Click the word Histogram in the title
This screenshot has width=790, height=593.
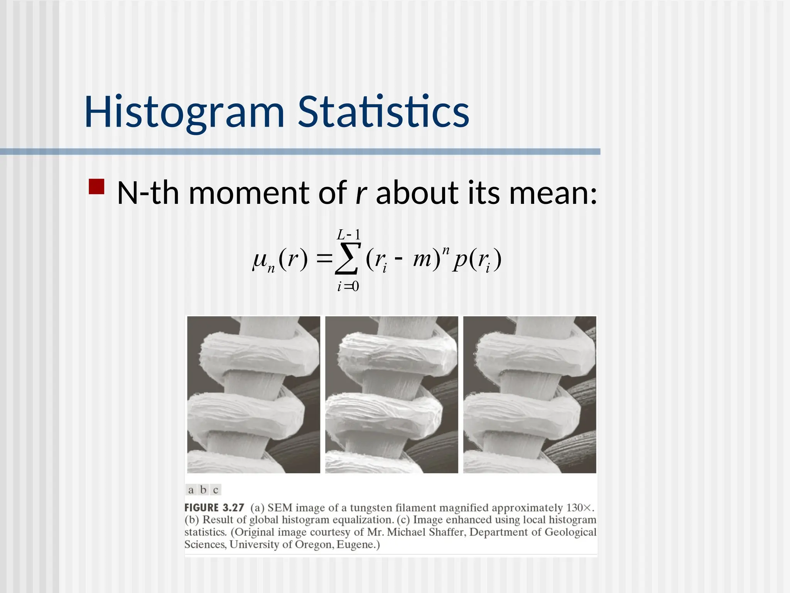click(184, 113)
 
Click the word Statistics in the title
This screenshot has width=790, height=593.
click(383, 112)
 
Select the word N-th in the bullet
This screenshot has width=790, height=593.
click(148, 193)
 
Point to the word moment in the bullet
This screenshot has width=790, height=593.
click(249, 193)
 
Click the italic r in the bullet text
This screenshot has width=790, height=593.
click(360, 193)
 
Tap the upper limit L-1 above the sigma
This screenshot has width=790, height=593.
click(348, 234)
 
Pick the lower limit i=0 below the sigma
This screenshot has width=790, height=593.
click(348, 286)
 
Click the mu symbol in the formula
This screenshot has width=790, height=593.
click(260, 259)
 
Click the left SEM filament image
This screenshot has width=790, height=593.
click(253, 395)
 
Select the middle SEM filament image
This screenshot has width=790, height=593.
click(392, 395)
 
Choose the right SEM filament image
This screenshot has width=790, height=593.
click(530, 395)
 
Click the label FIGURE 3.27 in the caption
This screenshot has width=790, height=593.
click(214, 508)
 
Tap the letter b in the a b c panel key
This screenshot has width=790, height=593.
click(203, 490)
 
